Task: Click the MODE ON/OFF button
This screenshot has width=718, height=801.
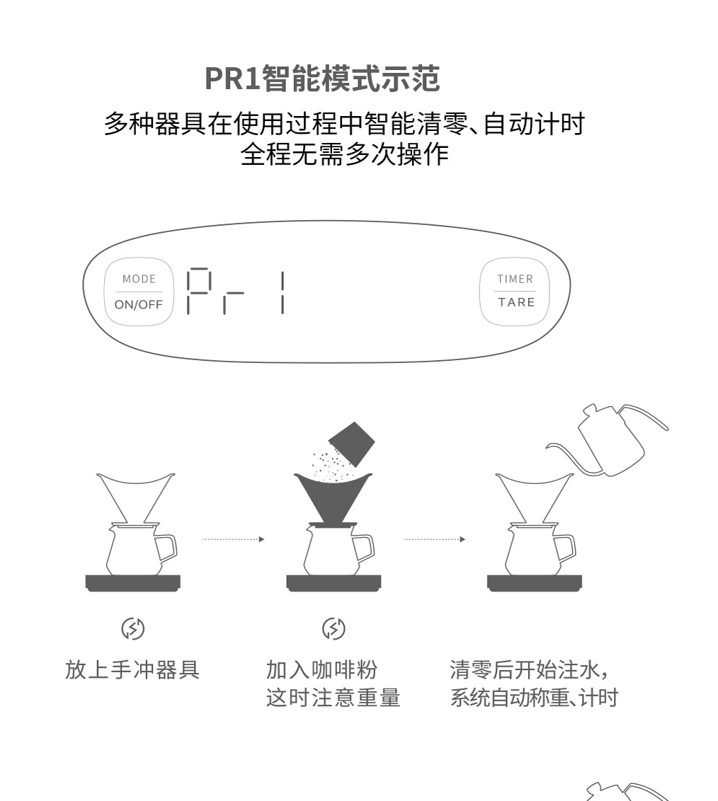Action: click(x=139, y=292)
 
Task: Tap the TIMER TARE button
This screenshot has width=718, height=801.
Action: click(x=515, y=291)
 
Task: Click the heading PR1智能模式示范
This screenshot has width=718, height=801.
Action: click(x=322, y=78)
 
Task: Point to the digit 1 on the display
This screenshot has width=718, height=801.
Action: click(x=283, y=292)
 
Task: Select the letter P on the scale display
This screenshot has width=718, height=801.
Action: click(x=198, y=292)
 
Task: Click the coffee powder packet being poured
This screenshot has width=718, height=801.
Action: click(x=352, y=444)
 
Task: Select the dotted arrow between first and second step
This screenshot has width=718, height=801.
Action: click(x=233, y=539)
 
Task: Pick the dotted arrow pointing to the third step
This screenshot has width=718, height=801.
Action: click(x=434, y=539)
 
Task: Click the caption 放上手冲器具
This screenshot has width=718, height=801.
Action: click(x=132, y=669)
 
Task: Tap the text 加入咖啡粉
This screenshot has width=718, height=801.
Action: click(x=321, y=669)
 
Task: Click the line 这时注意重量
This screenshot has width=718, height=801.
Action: click(x=333, y=698)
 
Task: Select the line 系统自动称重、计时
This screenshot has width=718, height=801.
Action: click(x=534, y=698)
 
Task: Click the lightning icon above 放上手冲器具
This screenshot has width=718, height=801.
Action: click(x=133, y=628)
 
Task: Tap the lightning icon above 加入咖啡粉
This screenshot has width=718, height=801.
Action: click(x=334, y=628)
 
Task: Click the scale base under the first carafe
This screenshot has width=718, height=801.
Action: click(x=133, y=583)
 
